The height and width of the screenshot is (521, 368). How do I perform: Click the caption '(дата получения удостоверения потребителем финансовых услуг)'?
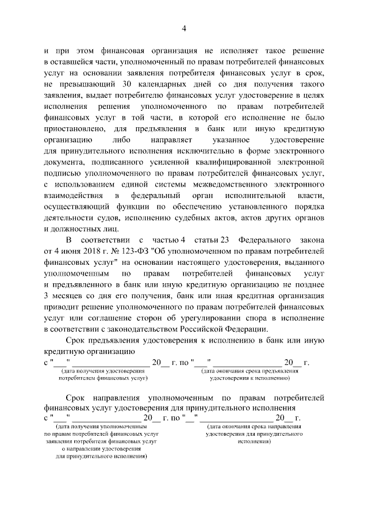(102, 375)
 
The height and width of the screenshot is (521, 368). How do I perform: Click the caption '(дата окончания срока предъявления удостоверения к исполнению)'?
(249, 375)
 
